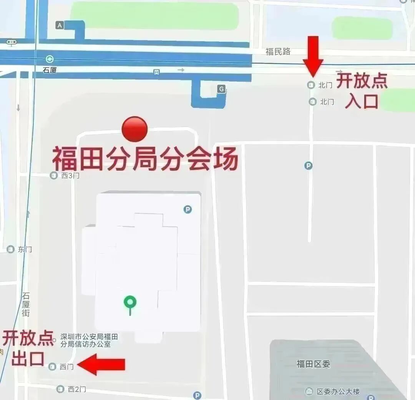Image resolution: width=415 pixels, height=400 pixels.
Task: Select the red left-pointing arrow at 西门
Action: (102, 365)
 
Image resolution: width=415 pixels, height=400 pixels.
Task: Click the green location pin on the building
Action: (130, 303)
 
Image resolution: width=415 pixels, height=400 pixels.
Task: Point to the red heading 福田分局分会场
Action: (145, 159)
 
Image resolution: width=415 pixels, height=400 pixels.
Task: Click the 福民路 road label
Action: (278, 51)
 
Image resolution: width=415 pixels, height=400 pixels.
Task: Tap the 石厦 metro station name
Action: (50, 71)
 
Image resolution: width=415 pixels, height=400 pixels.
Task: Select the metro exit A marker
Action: (59, 25)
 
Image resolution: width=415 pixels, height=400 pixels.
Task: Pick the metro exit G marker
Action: (221, 89)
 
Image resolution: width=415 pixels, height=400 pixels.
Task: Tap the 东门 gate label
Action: (25, 249)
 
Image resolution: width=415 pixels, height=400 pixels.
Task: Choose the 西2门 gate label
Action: (76, 389)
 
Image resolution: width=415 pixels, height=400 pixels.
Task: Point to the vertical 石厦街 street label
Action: (26, 304)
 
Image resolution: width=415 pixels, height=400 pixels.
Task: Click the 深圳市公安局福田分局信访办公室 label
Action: (89, 340)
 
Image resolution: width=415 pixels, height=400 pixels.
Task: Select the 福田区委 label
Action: (313, 364)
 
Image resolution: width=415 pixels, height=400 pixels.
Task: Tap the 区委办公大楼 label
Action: (338, 392)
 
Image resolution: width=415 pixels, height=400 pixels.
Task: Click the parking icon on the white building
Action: (188, 209)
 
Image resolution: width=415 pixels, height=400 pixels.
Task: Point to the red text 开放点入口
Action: (362, 91)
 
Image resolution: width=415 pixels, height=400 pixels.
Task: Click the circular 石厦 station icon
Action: (50, 59)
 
